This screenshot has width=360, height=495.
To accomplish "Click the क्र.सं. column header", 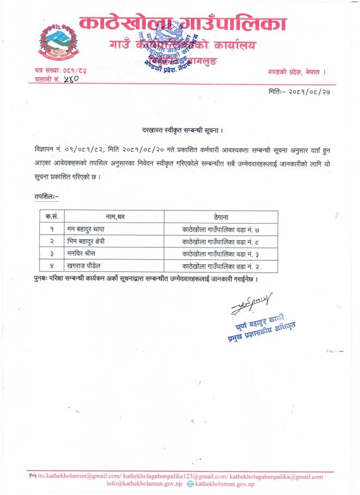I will point(51,216).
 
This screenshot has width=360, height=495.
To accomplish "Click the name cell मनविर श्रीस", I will point(83,254).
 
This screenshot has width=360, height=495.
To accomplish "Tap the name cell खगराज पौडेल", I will point(86,267).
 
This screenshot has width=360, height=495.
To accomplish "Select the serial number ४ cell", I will point(51,267).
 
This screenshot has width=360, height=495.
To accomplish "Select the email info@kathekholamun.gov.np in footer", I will point(147,484).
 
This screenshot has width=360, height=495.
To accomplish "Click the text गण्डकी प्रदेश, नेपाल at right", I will point(296,72).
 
